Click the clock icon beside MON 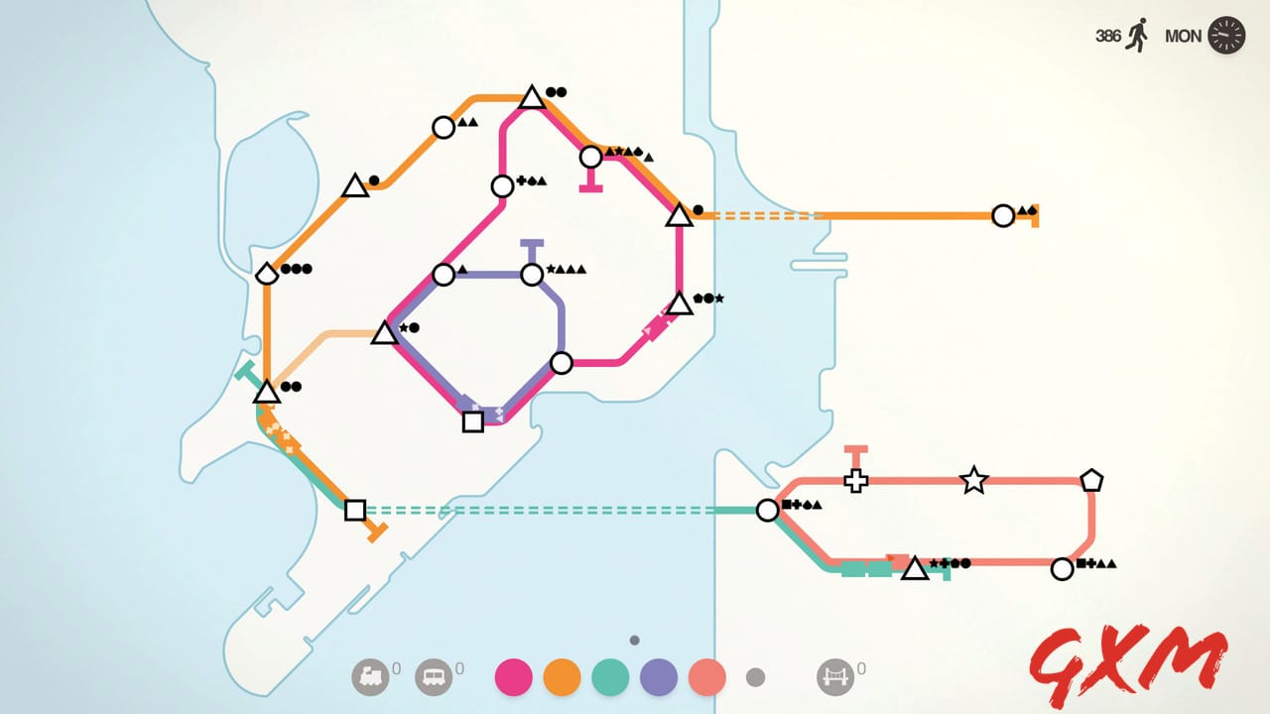pos(1227,36)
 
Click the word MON pos(1183,37)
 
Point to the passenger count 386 pos(1108,36)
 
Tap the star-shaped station pos(974,481)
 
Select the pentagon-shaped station pos(1091,481)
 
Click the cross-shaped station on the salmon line pos(855,481)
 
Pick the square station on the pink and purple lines pos(473,421)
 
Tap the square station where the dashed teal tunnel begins pos(355,510)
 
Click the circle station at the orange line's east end pos(1003,215)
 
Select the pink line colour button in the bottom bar pos(513,677)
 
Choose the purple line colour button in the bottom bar pos(659,677)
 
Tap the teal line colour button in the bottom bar pos(610,677)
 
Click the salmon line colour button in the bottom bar pos(707,677)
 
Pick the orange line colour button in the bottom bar pos(562,677)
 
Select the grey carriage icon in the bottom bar pos(433,677)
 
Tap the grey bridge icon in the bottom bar pos(834,677)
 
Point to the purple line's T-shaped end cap pos(532,243)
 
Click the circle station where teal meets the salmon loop pos(767,510)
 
